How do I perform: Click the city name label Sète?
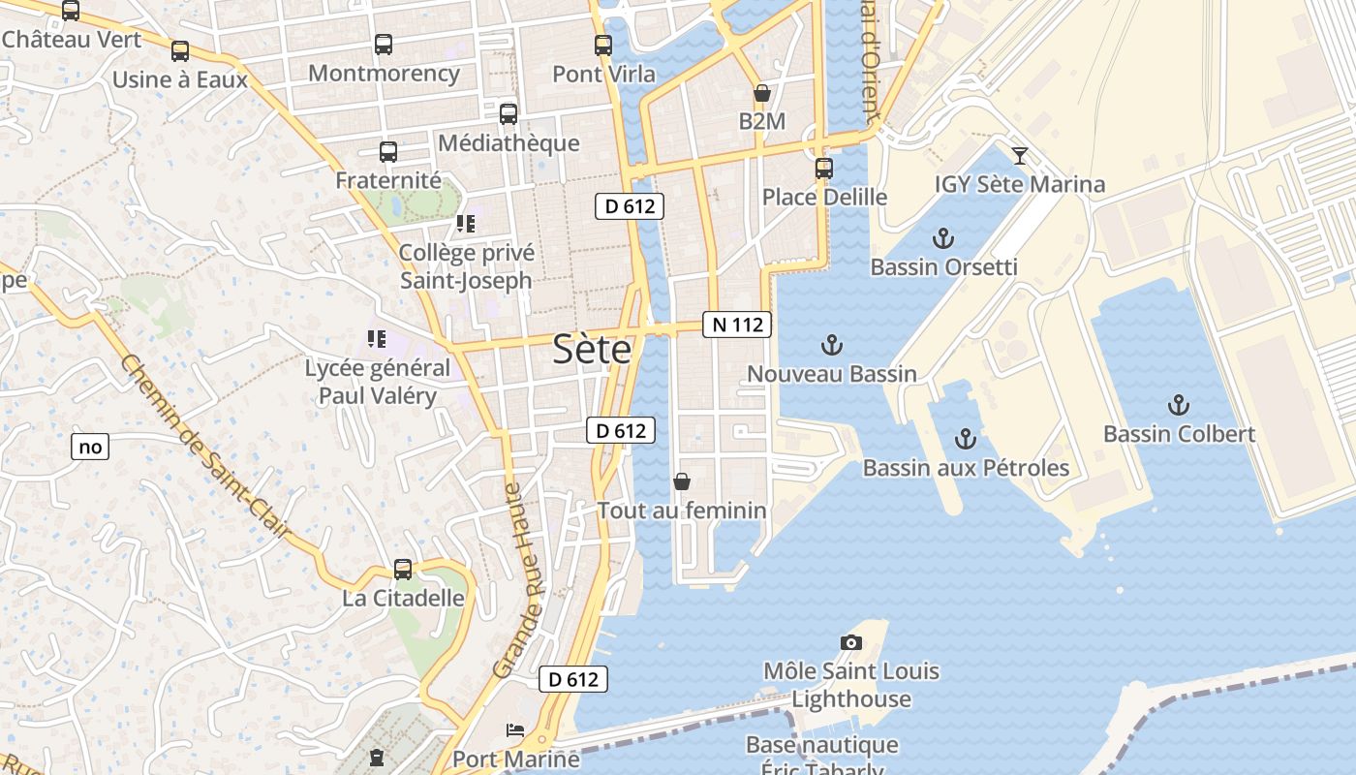click(x=592, y=350)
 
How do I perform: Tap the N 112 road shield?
click(x=737, y=325)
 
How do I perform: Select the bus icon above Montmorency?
click(x=384, y=45)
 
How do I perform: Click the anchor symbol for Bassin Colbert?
click(x=1179, y=405)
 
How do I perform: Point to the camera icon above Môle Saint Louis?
click(x=851, y=642)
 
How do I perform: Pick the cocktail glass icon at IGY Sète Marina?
click(x=1019, y=155)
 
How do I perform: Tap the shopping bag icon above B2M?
click(x=762, y=93)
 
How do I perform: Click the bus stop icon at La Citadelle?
click(x=403, y=570)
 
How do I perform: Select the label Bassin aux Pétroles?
click(x=966, y=468)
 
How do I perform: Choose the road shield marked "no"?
click(x=90, y=447)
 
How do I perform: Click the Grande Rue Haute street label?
click(x=517, y=581)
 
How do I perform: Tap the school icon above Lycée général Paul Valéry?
click(x=377, y=339)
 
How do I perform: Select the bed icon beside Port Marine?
click(x=515, y=729)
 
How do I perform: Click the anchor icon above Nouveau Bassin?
click(x=831, y=345)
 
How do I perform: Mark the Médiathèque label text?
click(x=508, y=143)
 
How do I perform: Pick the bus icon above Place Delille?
click(x=824, y=169)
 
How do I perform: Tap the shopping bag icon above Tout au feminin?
click(x=682, y=481)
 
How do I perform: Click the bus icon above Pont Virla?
click(x=603, y=45)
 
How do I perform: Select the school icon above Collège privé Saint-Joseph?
click(x=466, y=224)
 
